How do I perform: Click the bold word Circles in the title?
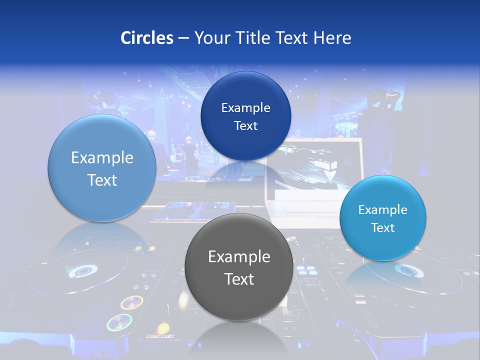point(147,38)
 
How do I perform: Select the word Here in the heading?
point(332,38)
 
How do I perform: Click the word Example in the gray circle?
point(239,257)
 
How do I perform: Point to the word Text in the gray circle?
point(239,279)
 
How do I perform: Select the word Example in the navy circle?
point(246,107)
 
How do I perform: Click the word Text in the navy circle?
point(246,125)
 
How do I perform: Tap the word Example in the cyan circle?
point(383,209)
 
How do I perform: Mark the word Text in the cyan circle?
point(383,227)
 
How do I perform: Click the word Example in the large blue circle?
point(102,158)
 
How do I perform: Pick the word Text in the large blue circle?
point(102,180)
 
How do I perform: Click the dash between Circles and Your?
point(183,38)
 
